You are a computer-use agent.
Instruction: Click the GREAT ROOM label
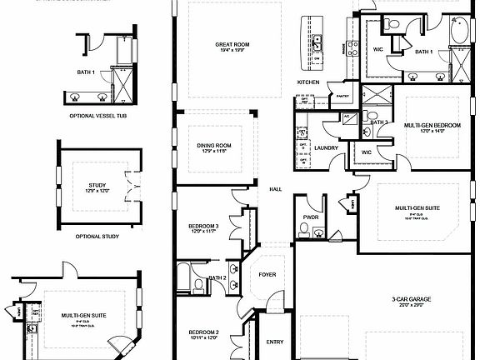pos(231,45)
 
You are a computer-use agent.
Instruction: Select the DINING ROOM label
pos(214,146)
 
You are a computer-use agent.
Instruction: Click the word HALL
pos(275,189)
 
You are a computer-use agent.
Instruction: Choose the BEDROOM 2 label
pos(204,332)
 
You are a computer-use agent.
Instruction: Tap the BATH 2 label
pos(217,277)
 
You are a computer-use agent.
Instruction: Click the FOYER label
pos(267,273)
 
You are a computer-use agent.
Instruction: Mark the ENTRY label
pos(275,341)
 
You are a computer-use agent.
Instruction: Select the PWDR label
pos(312,218)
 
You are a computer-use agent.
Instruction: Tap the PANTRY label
pos(340,97)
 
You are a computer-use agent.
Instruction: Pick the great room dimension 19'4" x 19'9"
pos(231,52)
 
